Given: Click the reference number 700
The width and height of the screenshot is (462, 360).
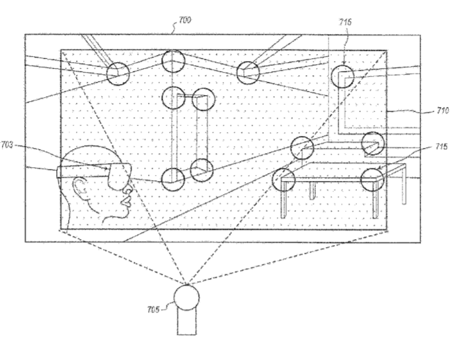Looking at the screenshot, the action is coord(185,20).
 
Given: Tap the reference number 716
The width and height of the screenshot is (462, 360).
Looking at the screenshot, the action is coord(345,22).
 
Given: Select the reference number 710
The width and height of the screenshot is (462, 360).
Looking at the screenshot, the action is coord(443,111).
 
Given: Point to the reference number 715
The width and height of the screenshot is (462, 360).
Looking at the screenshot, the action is coord(441,146).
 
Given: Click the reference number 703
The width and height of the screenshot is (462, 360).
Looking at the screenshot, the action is coord(7,145).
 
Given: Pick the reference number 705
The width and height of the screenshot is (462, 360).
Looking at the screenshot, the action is coord(153,309).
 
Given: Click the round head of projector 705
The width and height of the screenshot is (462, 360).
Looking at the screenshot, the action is coord(186,298).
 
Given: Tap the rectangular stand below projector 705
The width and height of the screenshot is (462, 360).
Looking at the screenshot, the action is coord(186,322).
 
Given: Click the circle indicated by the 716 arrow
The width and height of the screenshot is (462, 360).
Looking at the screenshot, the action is coord(342,77).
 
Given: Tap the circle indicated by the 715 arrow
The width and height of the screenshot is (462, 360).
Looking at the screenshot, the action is coord(372,180).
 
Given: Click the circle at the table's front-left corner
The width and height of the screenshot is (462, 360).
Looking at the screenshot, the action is coord(284,180).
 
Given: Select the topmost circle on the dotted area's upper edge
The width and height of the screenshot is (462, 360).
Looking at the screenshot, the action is coord(173,61).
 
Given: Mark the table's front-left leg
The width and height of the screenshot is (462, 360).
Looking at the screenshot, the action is coord(283,199).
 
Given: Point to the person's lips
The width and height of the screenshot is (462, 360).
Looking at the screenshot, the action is coord(127,202).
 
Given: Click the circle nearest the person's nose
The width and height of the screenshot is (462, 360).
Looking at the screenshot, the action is coord(173,180).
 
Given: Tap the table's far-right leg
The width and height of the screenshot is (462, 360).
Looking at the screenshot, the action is coord(404,185).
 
